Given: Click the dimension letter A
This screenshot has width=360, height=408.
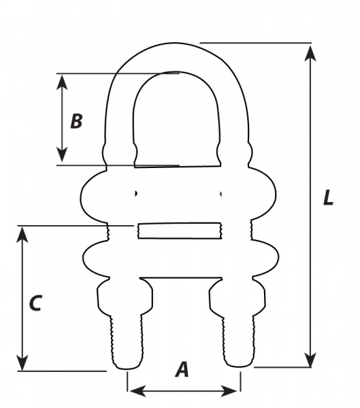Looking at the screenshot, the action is click(x=182, y=369).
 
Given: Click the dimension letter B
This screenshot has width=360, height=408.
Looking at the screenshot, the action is click(x=77, y=121).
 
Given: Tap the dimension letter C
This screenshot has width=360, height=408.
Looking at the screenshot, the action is click(x=35, y=303).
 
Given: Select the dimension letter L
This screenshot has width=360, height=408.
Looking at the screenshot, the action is click(x=328, y=197).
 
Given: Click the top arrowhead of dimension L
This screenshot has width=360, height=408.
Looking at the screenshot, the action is click(x=310, y=53).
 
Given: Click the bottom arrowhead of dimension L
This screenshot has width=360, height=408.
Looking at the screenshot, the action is click(x=310, y=360).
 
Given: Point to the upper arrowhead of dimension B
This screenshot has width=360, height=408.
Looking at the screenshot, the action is click(x=62, y=82).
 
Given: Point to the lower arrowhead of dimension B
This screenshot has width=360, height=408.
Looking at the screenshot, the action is click(x=62, y=154).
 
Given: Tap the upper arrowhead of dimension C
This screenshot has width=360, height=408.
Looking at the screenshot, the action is click(x=22, y=235).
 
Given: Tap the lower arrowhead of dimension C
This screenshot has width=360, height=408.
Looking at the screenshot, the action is click(x=22, y=362).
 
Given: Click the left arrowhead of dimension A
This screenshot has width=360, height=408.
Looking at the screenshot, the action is click(x=137, y=391).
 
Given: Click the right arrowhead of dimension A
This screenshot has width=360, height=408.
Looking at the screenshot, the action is click(x=229, y=391).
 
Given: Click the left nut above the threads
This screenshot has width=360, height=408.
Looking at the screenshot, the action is click(x=125, y=297).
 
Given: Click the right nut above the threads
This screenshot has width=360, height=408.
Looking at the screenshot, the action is click(x=238, y=297).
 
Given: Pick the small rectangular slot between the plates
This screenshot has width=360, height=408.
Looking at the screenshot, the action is click(x=180, y=231).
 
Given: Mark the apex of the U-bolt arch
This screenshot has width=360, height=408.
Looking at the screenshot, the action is click(x=178, y=44).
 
